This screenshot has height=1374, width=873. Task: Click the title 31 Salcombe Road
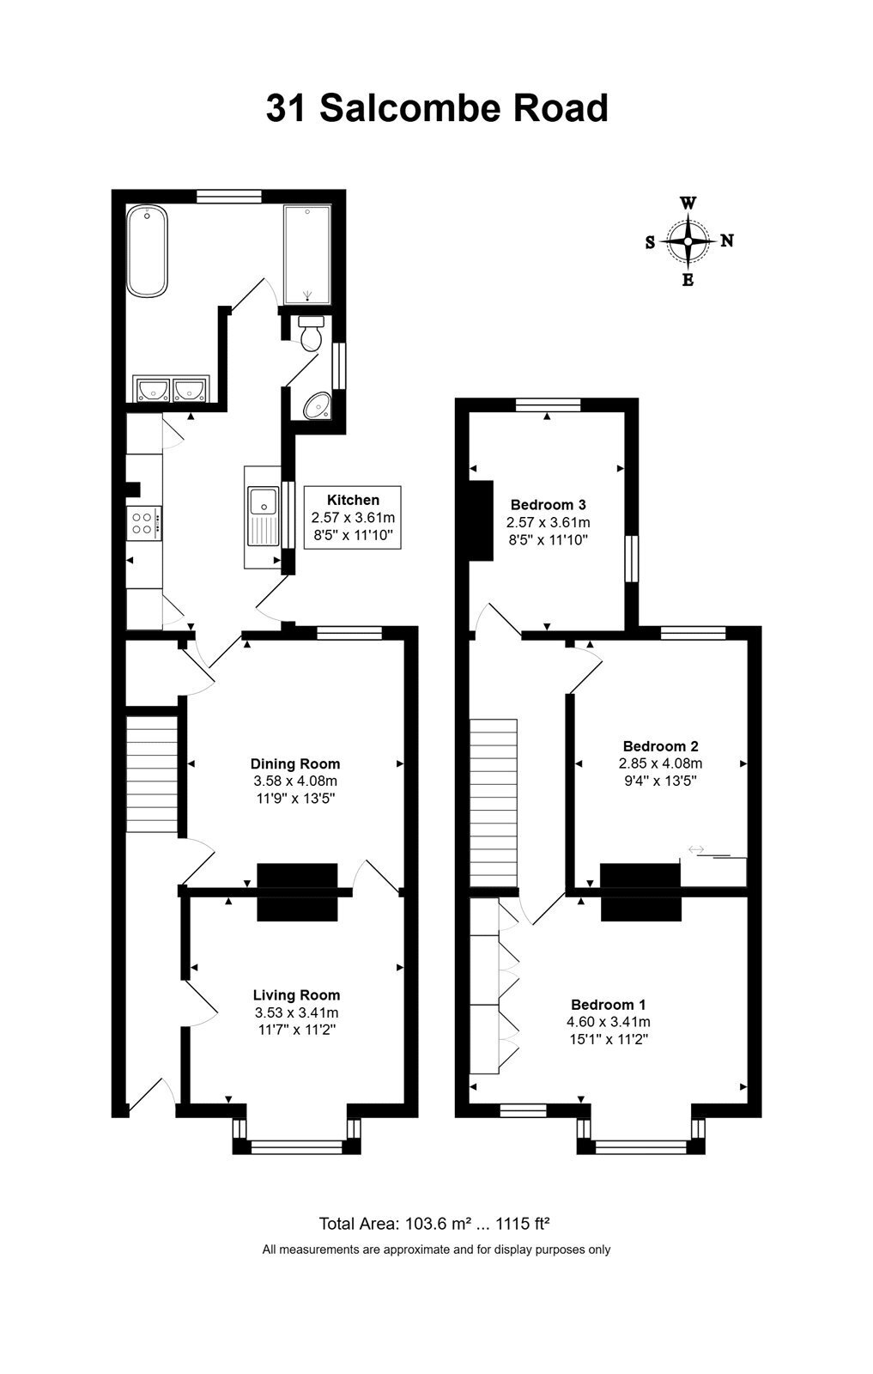point(437,108)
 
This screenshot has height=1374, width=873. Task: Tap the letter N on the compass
point(727,240)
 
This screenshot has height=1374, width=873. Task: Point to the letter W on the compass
point(688,203)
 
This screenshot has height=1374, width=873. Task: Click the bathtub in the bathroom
point(147,251)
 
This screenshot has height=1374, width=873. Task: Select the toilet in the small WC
point(312,331)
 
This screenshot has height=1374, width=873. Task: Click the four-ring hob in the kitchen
point(144,523)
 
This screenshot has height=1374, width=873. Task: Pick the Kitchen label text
point(353,499)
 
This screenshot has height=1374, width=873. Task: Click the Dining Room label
point(295,763)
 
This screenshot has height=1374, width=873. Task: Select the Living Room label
point(296,995)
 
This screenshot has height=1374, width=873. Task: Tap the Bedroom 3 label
point(548,505)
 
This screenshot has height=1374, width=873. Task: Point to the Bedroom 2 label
point(660,746)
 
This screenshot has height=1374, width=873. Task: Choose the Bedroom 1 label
point(608,1005)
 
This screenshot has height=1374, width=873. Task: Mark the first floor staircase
point(494,804)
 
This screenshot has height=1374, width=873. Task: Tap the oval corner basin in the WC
point(317,405)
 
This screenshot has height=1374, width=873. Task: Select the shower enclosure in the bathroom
point(307,254)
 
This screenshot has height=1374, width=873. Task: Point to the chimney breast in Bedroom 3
point(482,520)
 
